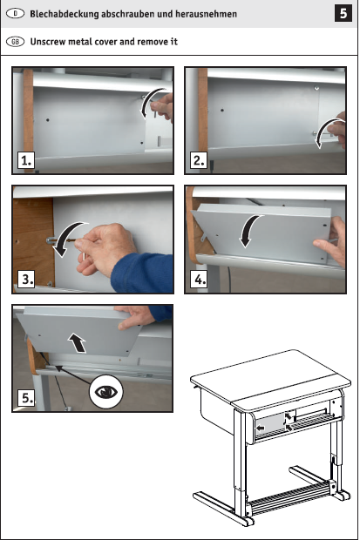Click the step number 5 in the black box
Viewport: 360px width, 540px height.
click(343, 13)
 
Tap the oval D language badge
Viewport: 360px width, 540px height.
click(15, 14)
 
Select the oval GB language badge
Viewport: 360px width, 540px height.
click(15, 42)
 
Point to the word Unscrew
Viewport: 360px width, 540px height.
click(48, 42)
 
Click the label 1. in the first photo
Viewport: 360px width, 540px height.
click(26, 160)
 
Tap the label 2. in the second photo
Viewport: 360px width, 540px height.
click(199, 160)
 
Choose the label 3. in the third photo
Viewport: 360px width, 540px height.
click(26, 279)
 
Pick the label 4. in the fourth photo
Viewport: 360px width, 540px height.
click(199, 279)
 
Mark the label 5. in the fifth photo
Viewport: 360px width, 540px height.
click(26, 398)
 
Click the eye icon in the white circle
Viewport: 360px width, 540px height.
click(106, 392)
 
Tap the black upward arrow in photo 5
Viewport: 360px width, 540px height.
click(78, 342)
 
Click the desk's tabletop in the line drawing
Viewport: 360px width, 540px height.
click(271, 379)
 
